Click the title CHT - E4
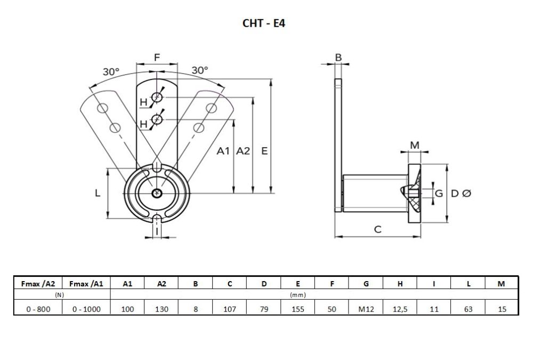pos(264,23)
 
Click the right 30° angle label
pos(200,70)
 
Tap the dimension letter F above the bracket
pos(156,57)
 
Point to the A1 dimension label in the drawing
pos(224,151)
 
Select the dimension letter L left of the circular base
pos(98,194)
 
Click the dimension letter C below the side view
pos(377,229)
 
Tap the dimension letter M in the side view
pos(414,145)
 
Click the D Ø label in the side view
pos(461,194)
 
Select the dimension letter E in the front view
pos(264,151)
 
